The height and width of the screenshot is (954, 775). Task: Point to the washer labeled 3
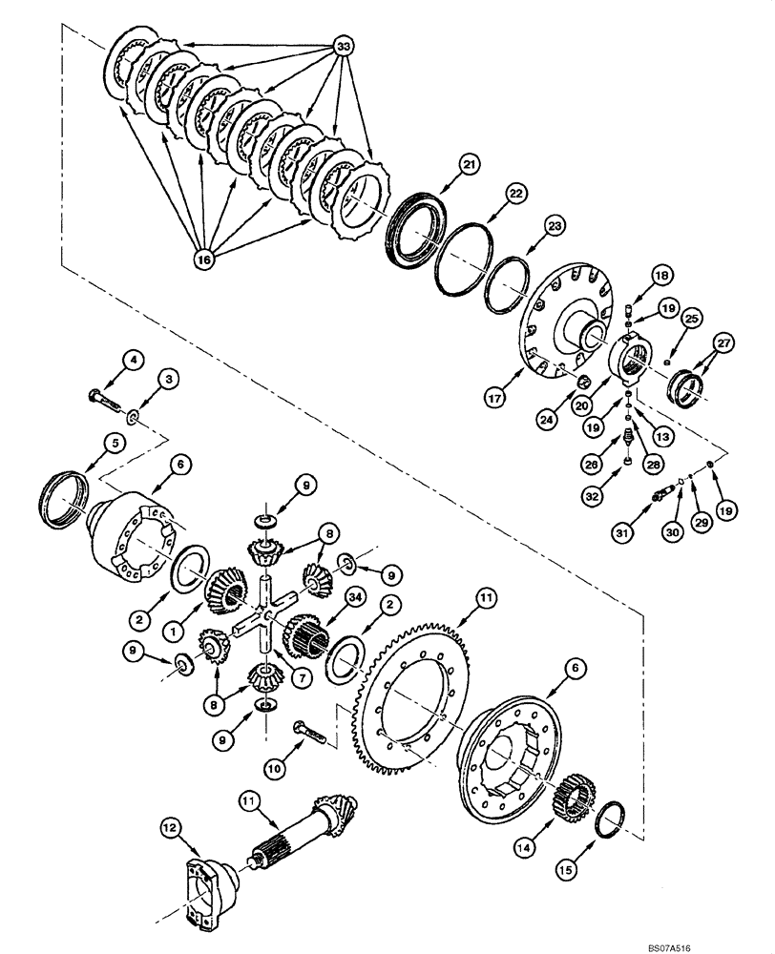point(130,416)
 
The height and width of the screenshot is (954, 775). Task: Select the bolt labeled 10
point(309,733)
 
